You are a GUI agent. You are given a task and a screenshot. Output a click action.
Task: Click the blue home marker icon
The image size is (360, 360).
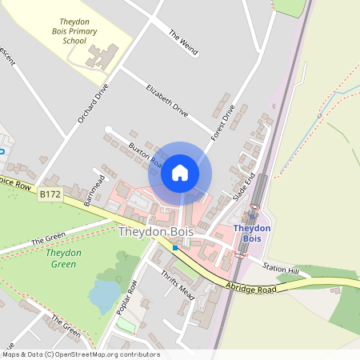(x=180, y=172)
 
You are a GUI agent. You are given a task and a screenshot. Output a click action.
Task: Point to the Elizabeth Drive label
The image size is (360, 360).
(x=166, y=101)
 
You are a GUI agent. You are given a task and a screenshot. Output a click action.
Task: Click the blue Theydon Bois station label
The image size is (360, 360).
(x=252, y=234)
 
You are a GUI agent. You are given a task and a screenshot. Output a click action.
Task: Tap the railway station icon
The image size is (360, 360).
(x=252, y=214)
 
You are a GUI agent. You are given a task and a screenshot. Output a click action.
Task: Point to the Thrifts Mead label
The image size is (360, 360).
(x=177, y=281)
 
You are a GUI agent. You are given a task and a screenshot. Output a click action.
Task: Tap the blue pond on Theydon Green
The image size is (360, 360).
(x=104, y=295)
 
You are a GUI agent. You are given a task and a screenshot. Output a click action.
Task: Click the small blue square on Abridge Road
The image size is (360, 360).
(x=175, y=248)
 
